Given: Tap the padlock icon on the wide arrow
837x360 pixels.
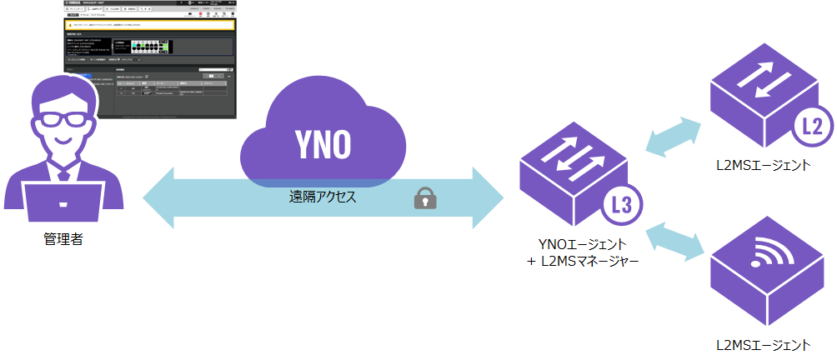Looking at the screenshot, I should [425, 198].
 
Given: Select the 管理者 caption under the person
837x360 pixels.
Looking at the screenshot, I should [63, 240].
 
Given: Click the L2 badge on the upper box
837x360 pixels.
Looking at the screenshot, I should [812, 127].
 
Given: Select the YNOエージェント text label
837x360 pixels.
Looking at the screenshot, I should [581, 244].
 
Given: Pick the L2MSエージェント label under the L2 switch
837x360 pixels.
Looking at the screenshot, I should [764, 165].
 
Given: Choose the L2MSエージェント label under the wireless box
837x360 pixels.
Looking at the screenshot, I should [764, 344].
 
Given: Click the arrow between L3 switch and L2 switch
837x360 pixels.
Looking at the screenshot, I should [674, 137].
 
